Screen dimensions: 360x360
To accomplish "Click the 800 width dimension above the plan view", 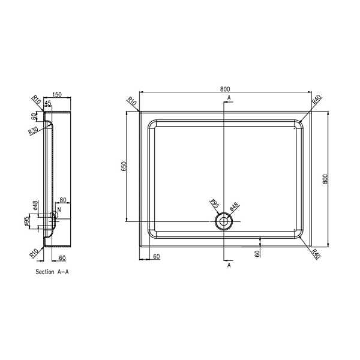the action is pos(225,89).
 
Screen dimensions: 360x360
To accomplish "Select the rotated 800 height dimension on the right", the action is pos(325,179).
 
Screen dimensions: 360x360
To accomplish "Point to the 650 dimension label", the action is pos(124,166).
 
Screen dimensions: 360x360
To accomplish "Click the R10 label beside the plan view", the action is pos(132,101).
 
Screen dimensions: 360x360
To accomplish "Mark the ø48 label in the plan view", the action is pos(235,206).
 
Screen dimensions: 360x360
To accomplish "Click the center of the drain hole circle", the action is pos(224,221).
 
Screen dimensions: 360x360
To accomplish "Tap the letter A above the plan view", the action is pos(229,98).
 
